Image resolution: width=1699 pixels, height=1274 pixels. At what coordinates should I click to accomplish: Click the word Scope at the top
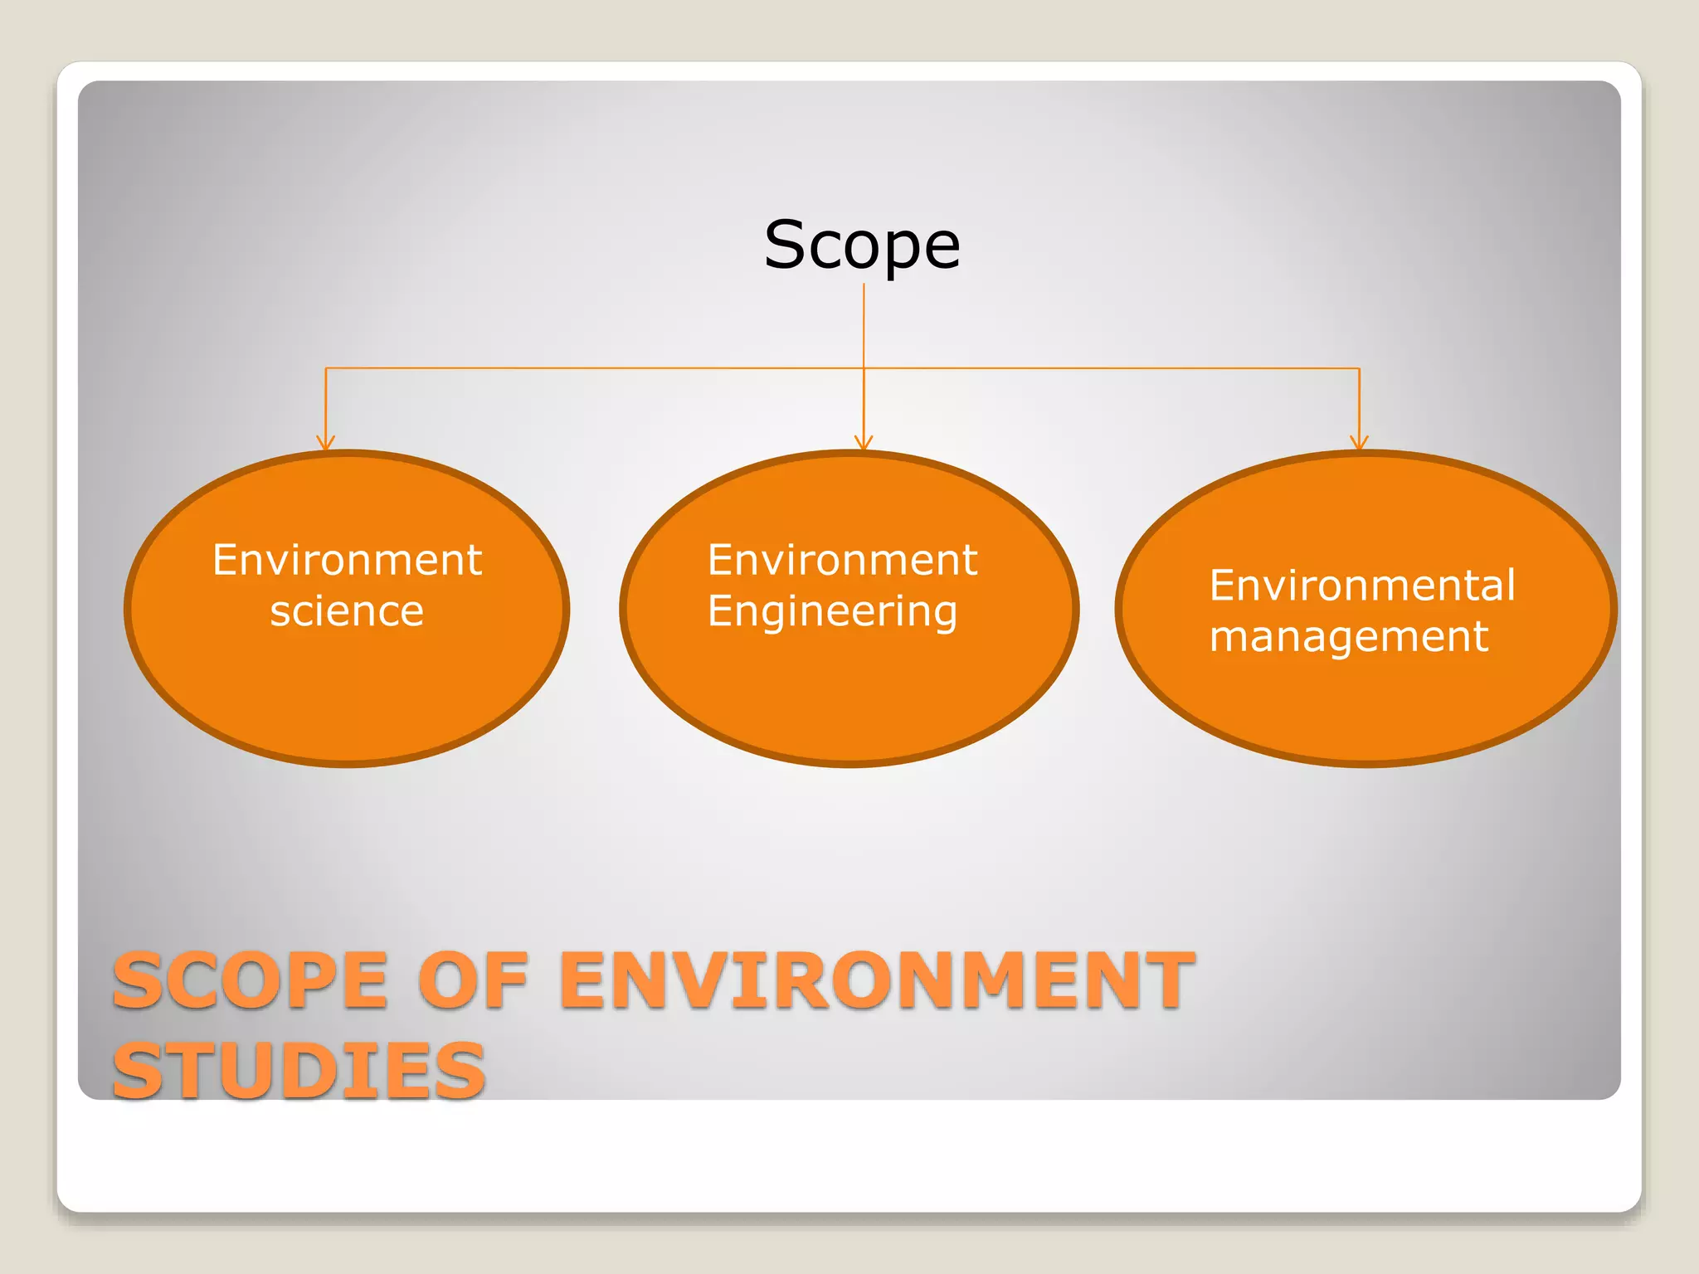point(862,246)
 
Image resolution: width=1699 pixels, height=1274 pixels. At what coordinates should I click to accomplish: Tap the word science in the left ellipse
point(347,611)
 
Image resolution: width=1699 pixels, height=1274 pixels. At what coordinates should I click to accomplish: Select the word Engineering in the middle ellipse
point(832,612)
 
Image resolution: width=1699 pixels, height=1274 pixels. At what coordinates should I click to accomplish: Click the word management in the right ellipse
point(1349,638)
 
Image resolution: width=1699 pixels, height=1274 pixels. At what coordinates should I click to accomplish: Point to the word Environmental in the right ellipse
point(1362,586)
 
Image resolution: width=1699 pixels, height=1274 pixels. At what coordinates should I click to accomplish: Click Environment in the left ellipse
point(347,560)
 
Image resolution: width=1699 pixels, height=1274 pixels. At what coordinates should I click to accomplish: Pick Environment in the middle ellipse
point(842,560)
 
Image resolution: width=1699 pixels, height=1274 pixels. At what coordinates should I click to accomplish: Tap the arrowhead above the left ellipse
point(325,443)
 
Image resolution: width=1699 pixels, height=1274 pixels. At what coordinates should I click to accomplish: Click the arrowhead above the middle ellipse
point(864,443)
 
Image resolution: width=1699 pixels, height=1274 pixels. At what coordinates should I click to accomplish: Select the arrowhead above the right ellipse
point(1359,443)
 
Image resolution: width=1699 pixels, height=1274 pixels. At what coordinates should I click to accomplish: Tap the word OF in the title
point(473,981)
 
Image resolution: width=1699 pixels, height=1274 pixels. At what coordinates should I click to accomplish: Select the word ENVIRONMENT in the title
point(878,981)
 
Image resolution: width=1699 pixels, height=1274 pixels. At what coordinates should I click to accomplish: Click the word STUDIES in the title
point(299,1071)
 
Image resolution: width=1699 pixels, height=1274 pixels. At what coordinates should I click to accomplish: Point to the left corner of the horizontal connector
point(326,368)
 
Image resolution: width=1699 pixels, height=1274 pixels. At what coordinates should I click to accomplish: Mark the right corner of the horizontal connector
point(1359,368)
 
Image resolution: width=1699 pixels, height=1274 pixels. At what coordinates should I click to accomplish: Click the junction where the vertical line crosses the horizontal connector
point(864,368)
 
